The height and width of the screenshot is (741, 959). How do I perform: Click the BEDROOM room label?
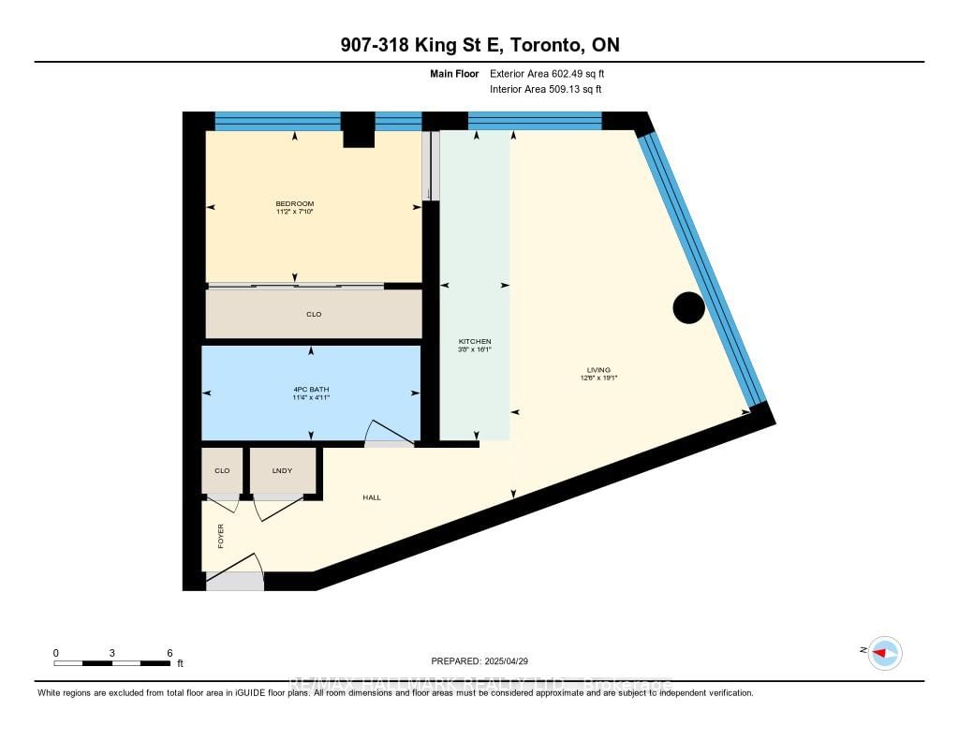click(294, 203)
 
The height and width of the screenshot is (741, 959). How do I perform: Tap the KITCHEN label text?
click(474, 341)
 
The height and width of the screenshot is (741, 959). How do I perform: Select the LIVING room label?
click(598, 370)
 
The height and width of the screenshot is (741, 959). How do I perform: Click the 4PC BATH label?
click(310, 389)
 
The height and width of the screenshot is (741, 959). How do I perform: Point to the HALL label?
click(372, 496)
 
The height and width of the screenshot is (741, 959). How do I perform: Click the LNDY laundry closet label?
click(282, 470)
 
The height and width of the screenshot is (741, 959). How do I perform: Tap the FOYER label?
click(222, 536)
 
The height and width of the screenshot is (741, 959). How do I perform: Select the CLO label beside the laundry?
click(222, 470)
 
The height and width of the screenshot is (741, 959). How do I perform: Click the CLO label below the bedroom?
click(314, 314)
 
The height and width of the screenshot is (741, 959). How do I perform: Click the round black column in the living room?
click(689, 307)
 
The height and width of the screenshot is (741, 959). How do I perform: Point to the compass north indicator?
click(884, 652)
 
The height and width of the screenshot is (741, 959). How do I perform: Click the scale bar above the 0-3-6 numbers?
click(111, 662)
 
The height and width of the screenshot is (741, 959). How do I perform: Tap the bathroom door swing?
click(387, 432)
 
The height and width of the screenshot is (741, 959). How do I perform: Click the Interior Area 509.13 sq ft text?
click(545, 89)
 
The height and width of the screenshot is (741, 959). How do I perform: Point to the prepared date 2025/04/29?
click(486, 660)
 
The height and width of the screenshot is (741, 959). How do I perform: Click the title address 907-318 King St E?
click(479, 45)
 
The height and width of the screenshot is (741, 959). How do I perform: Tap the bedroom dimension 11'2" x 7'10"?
click(294, 212)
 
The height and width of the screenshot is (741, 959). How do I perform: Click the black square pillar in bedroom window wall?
click(357, 129)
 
